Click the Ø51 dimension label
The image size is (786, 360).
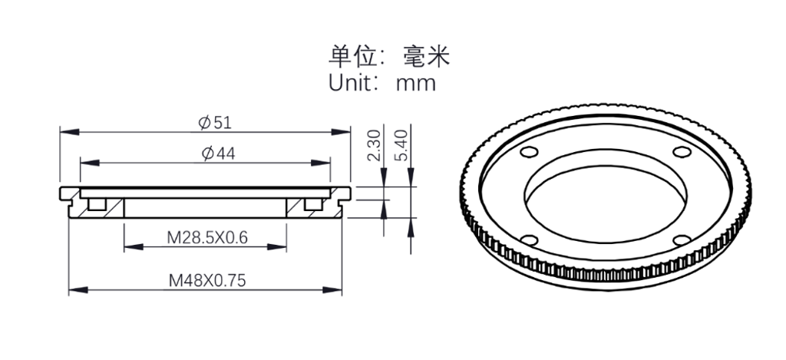click(x=215, y=122)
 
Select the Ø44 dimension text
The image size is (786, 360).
click(x=218, y=154)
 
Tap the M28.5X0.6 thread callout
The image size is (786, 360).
click(x=207, y=237)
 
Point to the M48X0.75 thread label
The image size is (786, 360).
click(x=207, y=280)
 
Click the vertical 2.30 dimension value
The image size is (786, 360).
click(x=374, y=145)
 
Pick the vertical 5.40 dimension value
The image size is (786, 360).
click(x=401, y=145)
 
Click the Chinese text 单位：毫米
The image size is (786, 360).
click(x=389, y=57)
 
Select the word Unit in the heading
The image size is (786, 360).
click(x=349, y=82)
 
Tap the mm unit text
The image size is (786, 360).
click(x=416, y=84)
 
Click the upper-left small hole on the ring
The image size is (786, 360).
click(x=530, y=151)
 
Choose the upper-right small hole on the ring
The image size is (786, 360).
click(x=682, y=151)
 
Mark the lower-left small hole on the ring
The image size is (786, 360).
click(x=530, y=240)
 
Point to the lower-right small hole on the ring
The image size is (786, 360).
click(x=682, y=240)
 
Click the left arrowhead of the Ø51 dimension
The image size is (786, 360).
click(x=69, y=131)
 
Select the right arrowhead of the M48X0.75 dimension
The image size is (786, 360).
click(x=332, y=290)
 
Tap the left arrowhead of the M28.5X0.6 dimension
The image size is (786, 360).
click(x=134, y=246)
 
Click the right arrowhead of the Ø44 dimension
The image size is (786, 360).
click(x=321, y=163)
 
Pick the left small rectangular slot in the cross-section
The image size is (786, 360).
click(x=97, y=204)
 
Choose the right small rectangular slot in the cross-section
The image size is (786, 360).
click(x=313, y=204)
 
